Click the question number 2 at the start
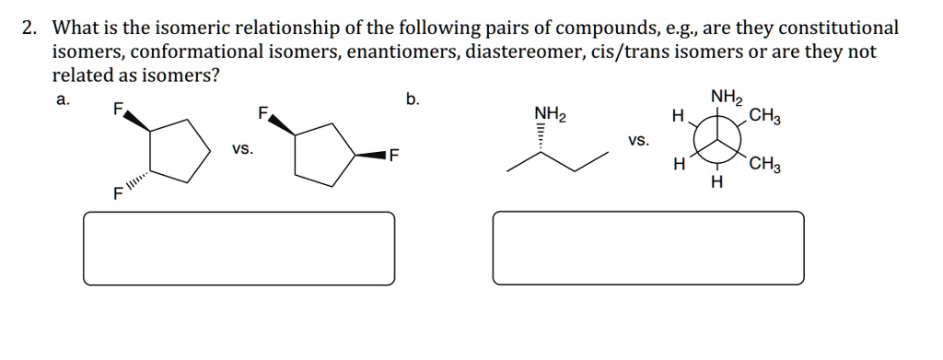[x=29, y=29]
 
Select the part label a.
[x=61, y=100]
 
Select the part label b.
[x=412, y=100]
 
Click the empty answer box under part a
[x=239, y=249]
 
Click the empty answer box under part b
[x=648, y=249]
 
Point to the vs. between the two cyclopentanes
[x=243, y=149]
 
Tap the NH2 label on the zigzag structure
[x=551, y=115]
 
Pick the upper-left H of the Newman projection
[x=678, y=117]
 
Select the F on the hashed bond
[x=117, y=194]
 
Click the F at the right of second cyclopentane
[x=393, y=154]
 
